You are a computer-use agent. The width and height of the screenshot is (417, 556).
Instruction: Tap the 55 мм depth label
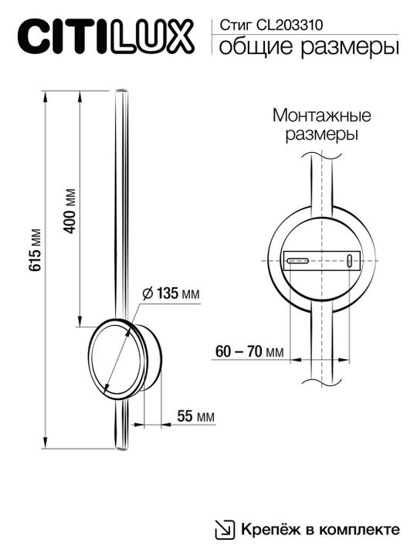pos(195,417)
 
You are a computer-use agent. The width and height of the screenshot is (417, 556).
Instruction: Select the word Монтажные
pos(322,116)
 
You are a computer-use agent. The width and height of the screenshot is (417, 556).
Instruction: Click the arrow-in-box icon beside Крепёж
pos(225,529)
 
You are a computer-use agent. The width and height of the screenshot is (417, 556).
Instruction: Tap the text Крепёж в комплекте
pos(320,530)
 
